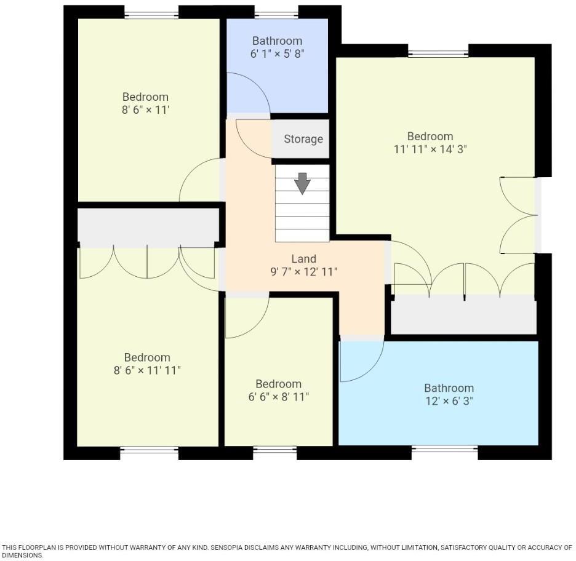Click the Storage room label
(x=303, y=139)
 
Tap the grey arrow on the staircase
(x=302, y=183)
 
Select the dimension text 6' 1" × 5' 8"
(x=277, y=54)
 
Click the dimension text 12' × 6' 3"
(x=449, y=401)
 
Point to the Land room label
(x=303, y=259)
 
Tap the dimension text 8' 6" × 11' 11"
(x=147, y=370)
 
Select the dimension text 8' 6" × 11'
(x=145, y=110)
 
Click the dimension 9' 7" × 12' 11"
(x=303, y=272)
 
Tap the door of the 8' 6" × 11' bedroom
(x=201, y=180)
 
